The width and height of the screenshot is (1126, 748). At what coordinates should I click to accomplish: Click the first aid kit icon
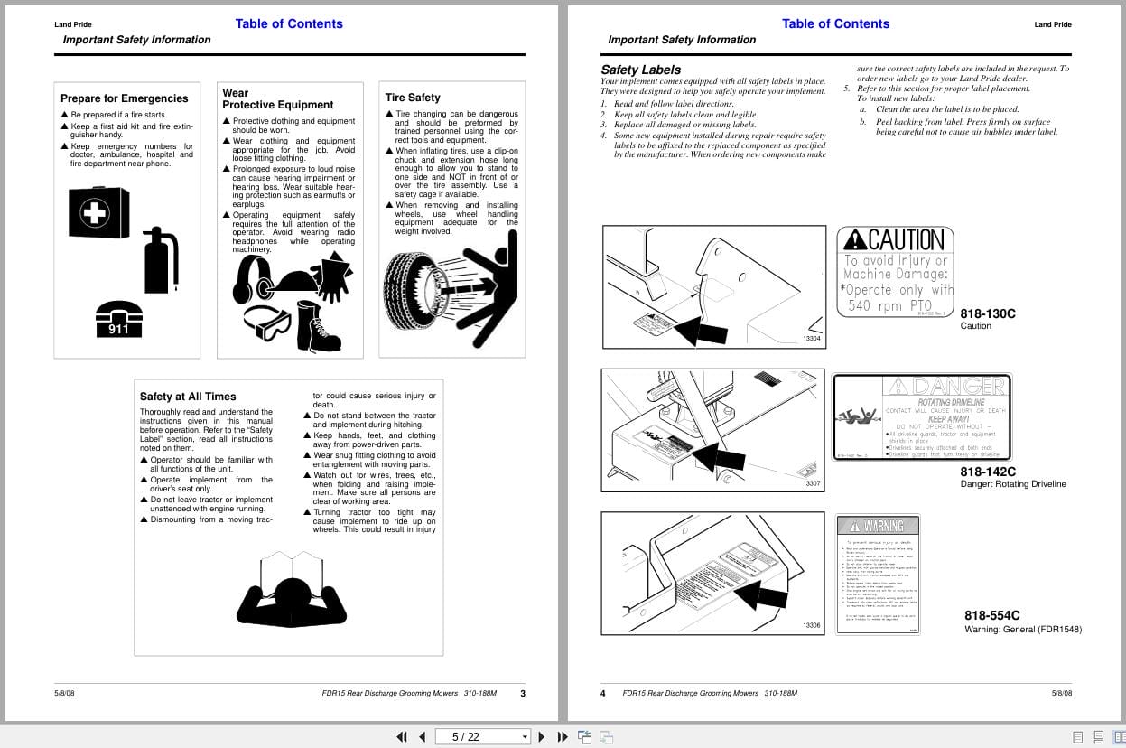pyautogui.click(x=92, y=213)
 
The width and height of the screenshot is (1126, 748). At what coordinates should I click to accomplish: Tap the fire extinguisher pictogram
pyautogui.click(x=161, y=261)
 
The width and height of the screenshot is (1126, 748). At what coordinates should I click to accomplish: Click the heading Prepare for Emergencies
pyautogui.click(x=125, y=98)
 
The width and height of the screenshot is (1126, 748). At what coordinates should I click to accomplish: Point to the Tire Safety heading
pyautogui.click(x=413, y=98)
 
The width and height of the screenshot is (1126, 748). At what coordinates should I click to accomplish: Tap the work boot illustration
pyautogui.click(x=319, y=326)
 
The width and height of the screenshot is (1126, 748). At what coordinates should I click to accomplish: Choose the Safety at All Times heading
pyautogui.click(x=188, y=397)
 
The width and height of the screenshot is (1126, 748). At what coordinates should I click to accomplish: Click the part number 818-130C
pyautogui.click(x=988, y=313)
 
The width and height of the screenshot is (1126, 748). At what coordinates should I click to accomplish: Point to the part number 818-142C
pyautogui.click(x=988, y=472)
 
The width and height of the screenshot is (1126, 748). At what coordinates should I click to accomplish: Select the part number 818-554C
pyautogui.click(x=992, y=615)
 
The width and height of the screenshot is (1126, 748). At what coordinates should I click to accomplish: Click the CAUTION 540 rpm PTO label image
pyautogui.click(x=896, y=271)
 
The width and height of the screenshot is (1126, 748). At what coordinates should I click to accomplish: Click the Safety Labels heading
pyautogui.click(x=641, y=70)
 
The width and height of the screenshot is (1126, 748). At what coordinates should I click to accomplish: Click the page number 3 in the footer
pyautogui.click(x=523, y=693)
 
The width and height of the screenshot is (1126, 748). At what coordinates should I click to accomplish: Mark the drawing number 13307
pyautogui.click(x=812, y=484)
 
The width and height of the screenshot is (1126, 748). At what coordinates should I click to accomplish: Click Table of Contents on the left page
pyautogui.click(x=289, y=24)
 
